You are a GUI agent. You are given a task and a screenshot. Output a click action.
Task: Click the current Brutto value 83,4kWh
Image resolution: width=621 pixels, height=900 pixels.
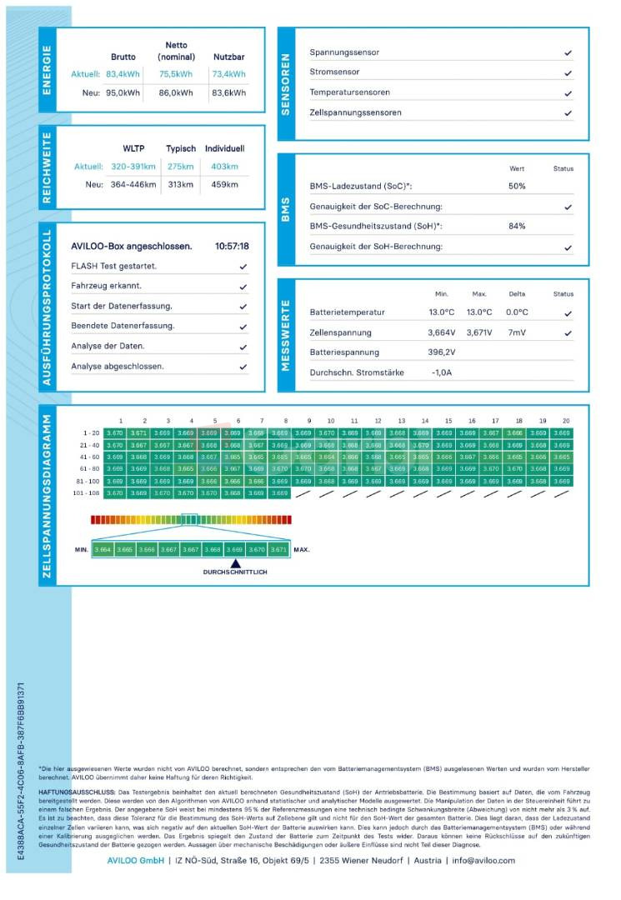pyautogui.click(x=123, y=74)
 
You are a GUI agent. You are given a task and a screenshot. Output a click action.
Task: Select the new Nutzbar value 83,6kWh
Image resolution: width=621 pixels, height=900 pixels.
pyautogui.click(x=228, y=93)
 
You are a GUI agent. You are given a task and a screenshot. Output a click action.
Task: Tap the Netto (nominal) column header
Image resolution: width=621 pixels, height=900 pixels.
pyautogui.click(x=176, y=51)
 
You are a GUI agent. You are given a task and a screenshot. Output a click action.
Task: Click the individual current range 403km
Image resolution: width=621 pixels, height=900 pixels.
pyautogui.click(x=225, y=167)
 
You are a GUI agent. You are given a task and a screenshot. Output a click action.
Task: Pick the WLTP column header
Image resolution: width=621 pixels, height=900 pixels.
pyautogui.click(x=133, y=148)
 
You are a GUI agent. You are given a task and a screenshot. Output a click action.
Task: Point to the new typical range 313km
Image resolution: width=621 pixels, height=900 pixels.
pyautogui.click(x=180, y=184)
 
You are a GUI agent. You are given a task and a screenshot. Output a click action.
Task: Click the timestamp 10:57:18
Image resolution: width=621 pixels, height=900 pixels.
pyautogui.click(x=232, y=247)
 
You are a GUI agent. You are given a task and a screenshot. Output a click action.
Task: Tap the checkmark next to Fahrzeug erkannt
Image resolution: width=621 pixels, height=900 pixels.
pyautogui.click(x=243, y=287)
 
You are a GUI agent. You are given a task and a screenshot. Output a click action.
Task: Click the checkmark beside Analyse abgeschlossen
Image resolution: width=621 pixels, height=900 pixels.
pyautogui.click(x=243, y=367)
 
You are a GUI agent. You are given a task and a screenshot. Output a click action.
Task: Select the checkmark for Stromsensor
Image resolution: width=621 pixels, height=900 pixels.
pyautogui.click(x=568, y=72)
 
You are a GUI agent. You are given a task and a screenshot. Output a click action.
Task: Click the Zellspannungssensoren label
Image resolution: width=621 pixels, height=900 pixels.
pyautogui.click(x=355, y=112)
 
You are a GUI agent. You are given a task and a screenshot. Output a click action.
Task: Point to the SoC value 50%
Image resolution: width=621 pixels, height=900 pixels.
pyautogui.click(x=517, y=186)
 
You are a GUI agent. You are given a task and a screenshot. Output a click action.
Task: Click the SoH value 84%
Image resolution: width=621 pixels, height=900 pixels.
pyautogui.click(x=517, y=226)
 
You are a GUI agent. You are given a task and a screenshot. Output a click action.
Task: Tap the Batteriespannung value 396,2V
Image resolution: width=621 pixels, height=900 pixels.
pyautogui.click(x=442, y=352)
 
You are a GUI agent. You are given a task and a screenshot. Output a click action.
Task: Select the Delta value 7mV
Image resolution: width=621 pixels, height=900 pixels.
pyautogui.click(x=517, y=332)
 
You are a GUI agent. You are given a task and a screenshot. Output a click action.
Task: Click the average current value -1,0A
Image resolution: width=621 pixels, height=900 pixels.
pyautogui.click(x=442, y=372)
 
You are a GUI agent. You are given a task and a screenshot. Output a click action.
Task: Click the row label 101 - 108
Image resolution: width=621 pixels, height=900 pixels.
pyautogui.click(x=92, y=493)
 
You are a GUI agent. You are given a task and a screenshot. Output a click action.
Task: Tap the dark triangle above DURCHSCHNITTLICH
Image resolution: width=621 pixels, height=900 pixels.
pyautogui.click(x=235, y=563)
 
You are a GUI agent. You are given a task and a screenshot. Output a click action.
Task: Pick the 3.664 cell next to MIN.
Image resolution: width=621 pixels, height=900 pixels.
pyautogui.click(x=103, y=550)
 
